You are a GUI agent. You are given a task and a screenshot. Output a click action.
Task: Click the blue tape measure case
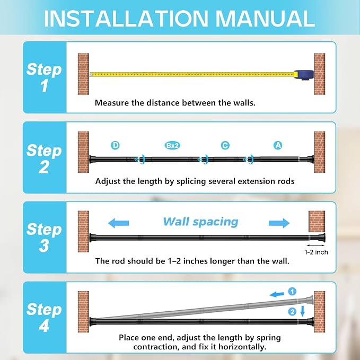(303, 75)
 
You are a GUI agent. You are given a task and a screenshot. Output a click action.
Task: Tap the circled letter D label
(115, 145)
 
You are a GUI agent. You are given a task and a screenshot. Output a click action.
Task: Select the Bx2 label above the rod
(172, 146)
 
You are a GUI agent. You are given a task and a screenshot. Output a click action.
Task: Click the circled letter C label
(225, 145)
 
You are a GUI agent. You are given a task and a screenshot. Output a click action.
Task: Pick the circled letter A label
(278, 145)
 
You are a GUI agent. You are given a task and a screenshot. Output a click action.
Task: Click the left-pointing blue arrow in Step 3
(118, 223)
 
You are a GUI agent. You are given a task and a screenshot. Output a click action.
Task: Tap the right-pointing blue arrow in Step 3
(279, 223)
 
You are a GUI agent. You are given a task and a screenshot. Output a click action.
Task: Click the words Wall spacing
(200, 222)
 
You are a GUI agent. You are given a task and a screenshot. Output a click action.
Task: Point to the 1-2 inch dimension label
(316, 252)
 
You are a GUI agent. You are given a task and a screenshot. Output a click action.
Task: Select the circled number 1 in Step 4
(292, 292)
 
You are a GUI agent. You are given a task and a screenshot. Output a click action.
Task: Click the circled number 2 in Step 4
(292, 312)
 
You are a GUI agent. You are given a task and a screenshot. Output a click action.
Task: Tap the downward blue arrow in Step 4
(302, 311)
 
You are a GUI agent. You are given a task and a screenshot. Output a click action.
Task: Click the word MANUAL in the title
(265, 19)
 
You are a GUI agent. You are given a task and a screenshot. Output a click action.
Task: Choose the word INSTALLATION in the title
(126, 19)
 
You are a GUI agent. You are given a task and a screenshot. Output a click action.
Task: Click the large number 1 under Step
(45, 86)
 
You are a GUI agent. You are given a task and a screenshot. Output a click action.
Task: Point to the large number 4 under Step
(44, 326)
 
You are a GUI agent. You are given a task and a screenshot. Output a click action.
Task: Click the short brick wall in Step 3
(317, 221)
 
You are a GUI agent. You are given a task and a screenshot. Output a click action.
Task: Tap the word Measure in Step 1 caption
(112, 103)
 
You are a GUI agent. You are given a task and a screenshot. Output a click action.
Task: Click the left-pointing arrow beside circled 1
(277, 294)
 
